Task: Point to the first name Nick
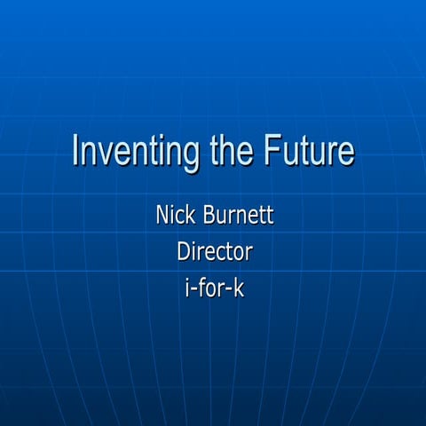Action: click(x=174, y=215)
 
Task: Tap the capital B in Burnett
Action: click(x=209, y=215)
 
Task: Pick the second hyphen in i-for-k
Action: click(x=228, y=290)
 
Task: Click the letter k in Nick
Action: click(x=189, y=215)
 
